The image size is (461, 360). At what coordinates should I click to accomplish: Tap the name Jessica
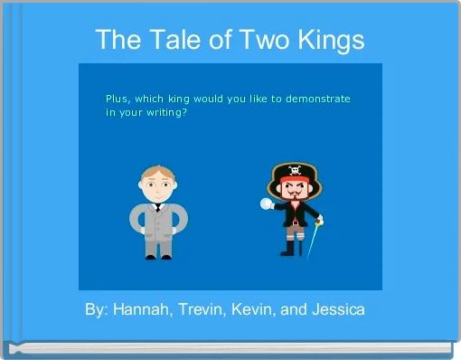[x=338, y=310]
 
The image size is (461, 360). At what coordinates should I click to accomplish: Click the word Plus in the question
[x=118, y=97]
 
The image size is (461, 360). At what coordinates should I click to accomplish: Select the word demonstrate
[x=318, y=97]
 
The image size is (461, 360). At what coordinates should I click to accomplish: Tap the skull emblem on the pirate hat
[x=296, y=168]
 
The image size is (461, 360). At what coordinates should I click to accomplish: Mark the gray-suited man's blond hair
[x=157, y=172]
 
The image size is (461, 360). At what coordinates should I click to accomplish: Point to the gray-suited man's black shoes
[x=157, y=257]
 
